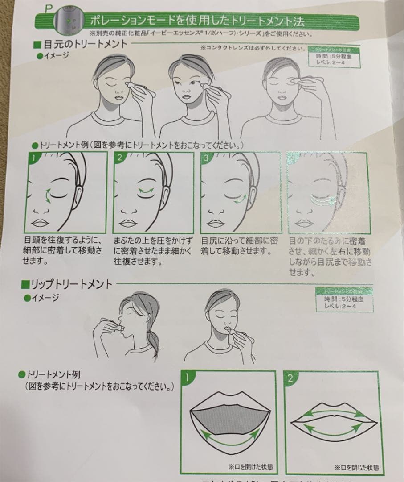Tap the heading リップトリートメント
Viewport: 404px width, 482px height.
pos(71,284)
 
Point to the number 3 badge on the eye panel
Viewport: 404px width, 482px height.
pos(206,157)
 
